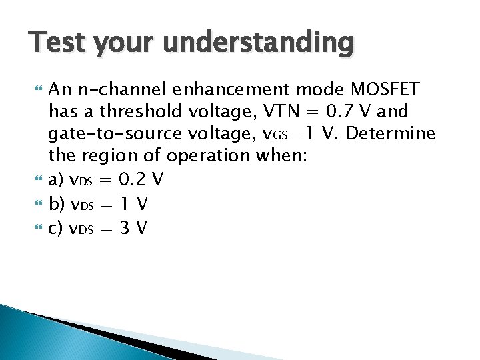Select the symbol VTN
281,111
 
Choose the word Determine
391,134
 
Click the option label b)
57,204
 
